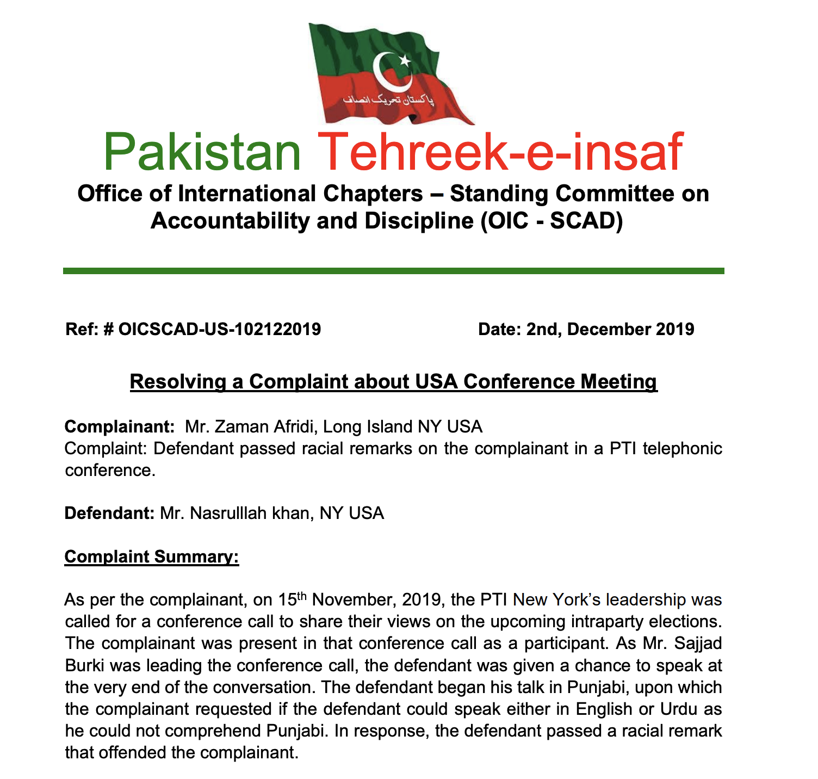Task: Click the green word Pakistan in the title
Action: coord(202,153)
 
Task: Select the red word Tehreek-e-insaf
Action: coord(500,153)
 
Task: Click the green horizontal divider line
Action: coord(393,270)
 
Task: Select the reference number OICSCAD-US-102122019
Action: coord(219,329)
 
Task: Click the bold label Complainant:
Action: coord(119,426)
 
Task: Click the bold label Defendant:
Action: coord(110,513)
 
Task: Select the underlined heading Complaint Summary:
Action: coord(152,557)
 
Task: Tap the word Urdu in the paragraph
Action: coord(679,709)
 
